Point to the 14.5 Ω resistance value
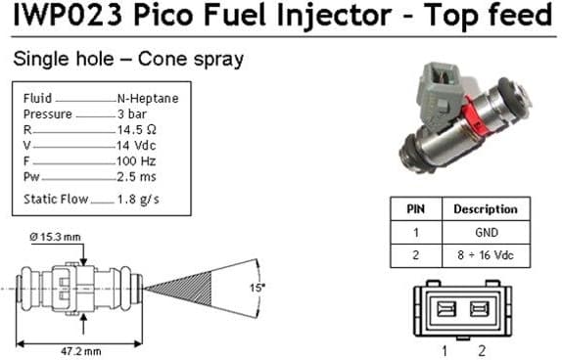[x=137, y=129]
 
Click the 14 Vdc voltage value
[x=137, y=145]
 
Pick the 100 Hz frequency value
[x=136, y=159]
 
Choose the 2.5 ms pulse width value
[x=136, y=175]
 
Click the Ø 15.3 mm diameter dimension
[x=56, y=238]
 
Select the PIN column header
[x=415, y=209]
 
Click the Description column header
[x=486, y=209]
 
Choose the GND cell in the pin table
[x=486, y=233]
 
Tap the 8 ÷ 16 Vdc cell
[x=485, y=256]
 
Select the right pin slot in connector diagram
[x=480, y=309]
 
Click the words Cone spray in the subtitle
[x=190, y=60]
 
